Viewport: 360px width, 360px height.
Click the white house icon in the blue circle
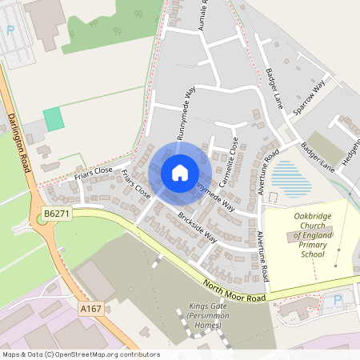pos(179,172)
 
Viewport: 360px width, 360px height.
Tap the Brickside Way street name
pos(198,227)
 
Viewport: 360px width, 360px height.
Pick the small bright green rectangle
pos(53,119)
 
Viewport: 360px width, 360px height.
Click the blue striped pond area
pos(291,178)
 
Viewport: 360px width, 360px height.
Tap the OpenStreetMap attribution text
pos(81,354)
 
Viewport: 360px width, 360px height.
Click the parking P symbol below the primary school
pos(337,300)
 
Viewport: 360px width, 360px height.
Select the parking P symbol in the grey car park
pos(10,30)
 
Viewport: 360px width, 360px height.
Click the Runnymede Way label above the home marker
pos(185,114)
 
